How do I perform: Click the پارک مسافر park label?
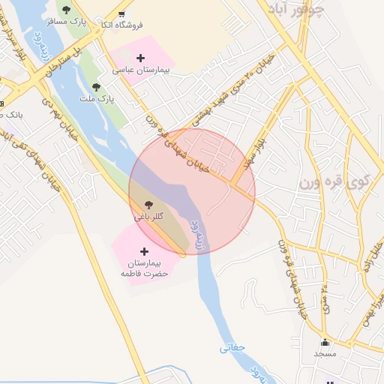pos(66,22)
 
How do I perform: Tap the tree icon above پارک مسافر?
pos(66,10)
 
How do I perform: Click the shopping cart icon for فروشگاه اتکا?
pos(121,13)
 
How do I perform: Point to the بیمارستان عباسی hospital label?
pos(142,69)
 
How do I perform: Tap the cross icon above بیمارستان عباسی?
pos(140,57)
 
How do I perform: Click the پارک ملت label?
pos(97,98)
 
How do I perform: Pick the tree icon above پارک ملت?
pos(96,87)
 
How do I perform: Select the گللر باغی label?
pos(149,216)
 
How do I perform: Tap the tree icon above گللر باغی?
pos(148,203)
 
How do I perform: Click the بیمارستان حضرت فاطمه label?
pos(145,268)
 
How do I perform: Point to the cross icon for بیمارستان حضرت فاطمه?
pos(145,251)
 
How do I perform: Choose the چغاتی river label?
pos(233,348)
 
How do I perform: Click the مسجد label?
pos(325,353)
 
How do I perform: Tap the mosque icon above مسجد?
pos(325,343)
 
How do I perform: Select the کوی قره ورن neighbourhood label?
pos(334,181)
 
